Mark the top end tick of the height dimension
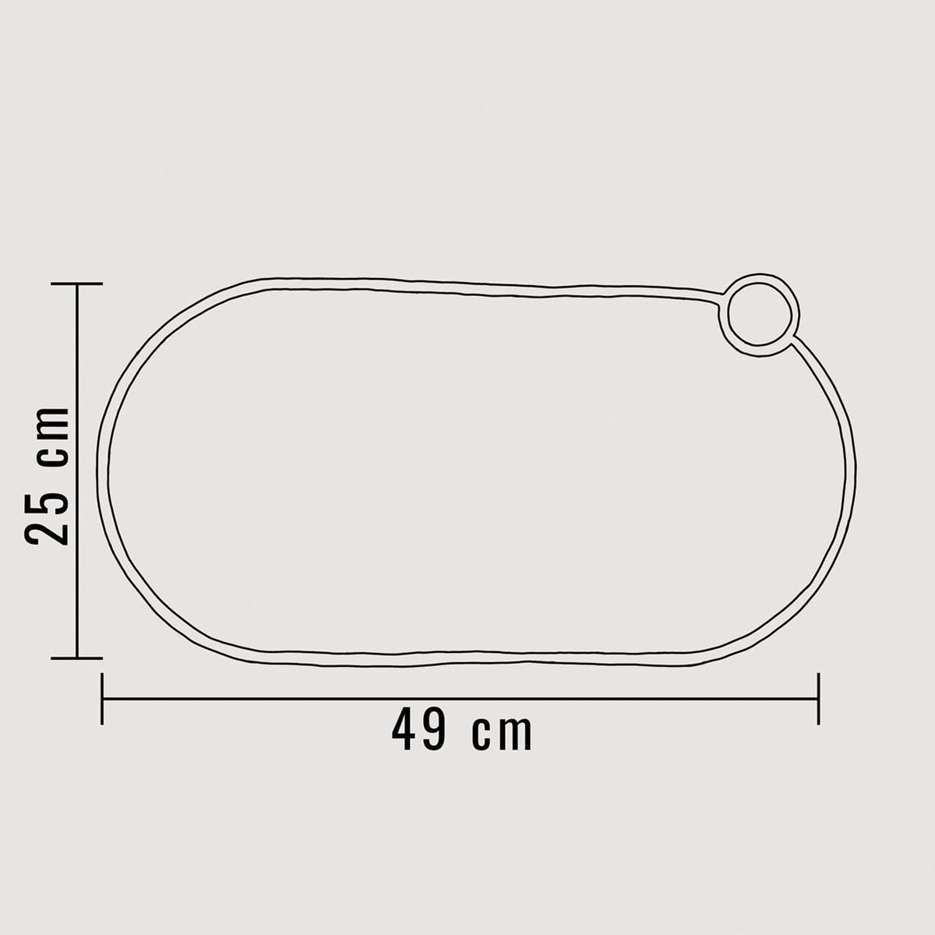click(76, 284)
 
